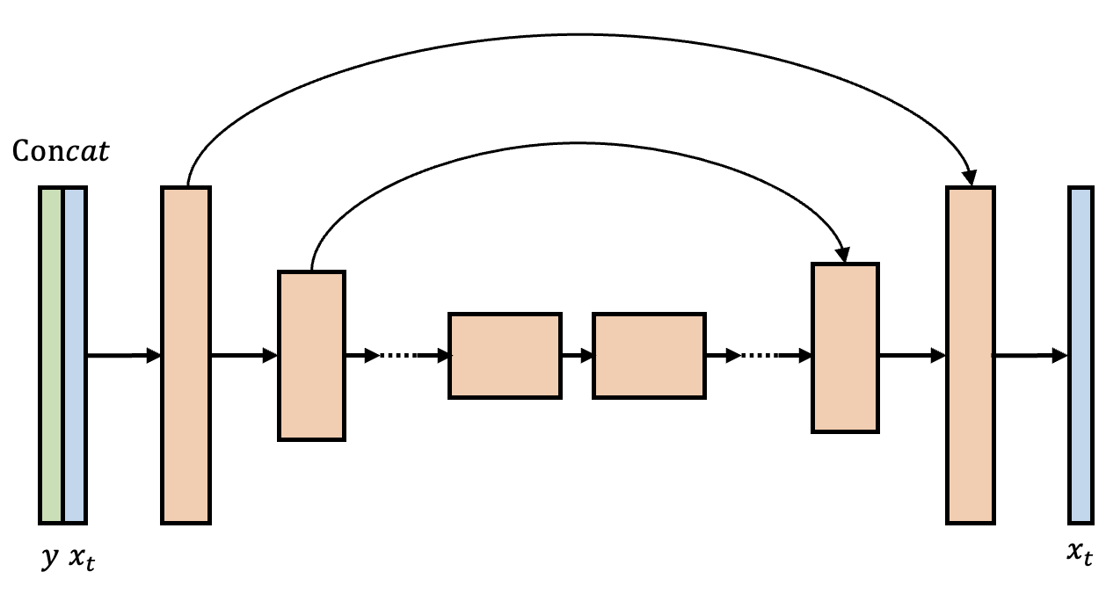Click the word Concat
point(62,152)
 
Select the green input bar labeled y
point(51,355)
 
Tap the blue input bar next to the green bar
point(75,355)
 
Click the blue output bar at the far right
point(1081,355)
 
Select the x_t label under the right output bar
point(1081,554)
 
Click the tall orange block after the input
point(186,355)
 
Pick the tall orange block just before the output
point(971,355)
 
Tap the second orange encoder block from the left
point(311,355)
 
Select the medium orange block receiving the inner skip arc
point(845,348)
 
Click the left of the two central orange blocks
point(505,355)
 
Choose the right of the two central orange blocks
point(649,355)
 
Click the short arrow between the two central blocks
point(577,356)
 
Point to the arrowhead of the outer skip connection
point(970,178)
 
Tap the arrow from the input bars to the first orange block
point(123,356)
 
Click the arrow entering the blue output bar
point(1030,356)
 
